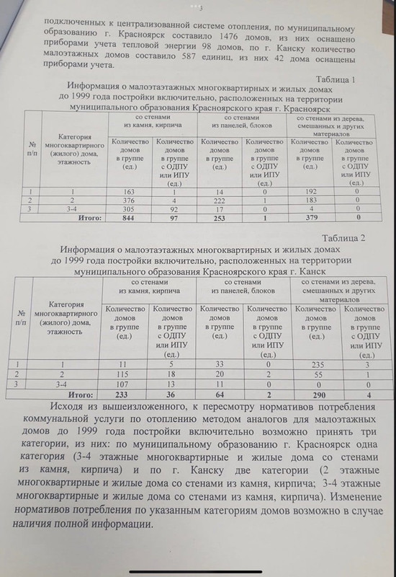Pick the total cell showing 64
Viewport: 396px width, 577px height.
tap(220, 395)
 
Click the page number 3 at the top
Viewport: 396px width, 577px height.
tap(199, 6)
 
